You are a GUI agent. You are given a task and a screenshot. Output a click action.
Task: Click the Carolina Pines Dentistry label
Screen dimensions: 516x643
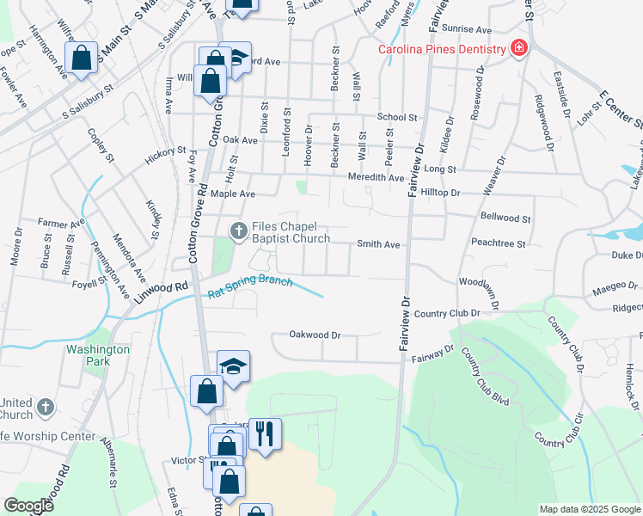pos(442,49)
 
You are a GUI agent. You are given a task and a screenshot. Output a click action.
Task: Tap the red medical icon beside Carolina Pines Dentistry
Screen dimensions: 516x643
pos(518,48)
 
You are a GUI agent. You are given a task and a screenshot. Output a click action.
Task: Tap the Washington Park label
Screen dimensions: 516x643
pos(99,356)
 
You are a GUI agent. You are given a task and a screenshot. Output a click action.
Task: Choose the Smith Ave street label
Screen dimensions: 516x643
pos(379,244)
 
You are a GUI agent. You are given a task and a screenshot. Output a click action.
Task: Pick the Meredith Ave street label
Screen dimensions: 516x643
pos(376,178)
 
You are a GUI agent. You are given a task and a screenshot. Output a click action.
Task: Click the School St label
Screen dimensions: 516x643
pos(396,117)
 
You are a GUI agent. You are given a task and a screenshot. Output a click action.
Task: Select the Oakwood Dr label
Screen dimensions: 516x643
pos(315,335)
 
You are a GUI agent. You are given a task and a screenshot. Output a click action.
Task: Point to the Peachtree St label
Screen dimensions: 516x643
pos(498,244)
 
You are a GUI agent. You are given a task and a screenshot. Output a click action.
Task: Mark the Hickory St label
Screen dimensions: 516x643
pos(166,153)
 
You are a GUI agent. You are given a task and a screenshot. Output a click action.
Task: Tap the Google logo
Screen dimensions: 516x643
pos(28,506)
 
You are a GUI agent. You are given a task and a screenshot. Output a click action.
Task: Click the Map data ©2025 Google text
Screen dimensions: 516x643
pos(589,509)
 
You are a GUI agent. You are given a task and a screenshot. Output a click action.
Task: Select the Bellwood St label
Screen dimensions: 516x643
pos(506,219)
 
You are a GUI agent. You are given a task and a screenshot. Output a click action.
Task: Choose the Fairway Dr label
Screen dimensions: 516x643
pos(432,353)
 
